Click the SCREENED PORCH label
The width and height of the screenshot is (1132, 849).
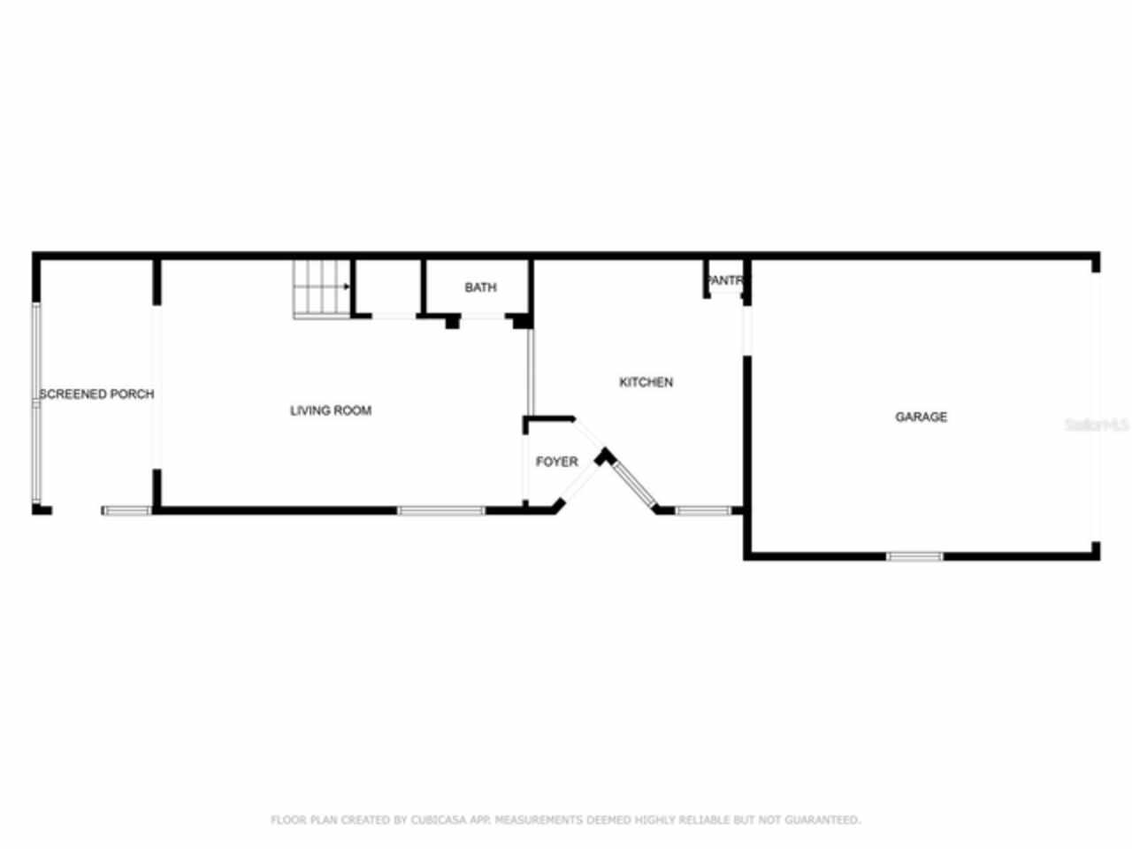click(96, 394)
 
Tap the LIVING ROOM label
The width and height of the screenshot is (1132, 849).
click(331, 410)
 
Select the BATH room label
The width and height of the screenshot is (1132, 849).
click(480, 287)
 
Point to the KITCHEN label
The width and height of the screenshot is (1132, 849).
click(646, 382)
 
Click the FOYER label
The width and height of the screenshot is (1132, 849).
click(556, 462)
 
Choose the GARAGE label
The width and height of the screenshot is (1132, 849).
click(921, 417)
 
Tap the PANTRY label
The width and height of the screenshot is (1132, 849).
click(724, 281)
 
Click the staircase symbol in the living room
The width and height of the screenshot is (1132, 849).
click(320, 288)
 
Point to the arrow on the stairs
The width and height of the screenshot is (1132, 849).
click(344, 287)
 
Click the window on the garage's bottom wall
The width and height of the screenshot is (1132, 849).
click(914, 556)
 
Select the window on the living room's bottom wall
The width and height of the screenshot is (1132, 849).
click(440, 510)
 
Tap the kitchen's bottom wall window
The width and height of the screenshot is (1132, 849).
click(703, 510)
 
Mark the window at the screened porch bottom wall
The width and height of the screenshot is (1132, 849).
click(126, 510)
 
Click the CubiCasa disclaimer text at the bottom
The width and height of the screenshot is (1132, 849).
click(565, 820)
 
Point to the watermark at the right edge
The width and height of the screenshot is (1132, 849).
click(1097, 424)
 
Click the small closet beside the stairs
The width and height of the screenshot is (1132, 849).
click(386, 288)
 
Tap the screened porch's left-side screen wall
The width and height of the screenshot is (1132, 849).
click(36, 402)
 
